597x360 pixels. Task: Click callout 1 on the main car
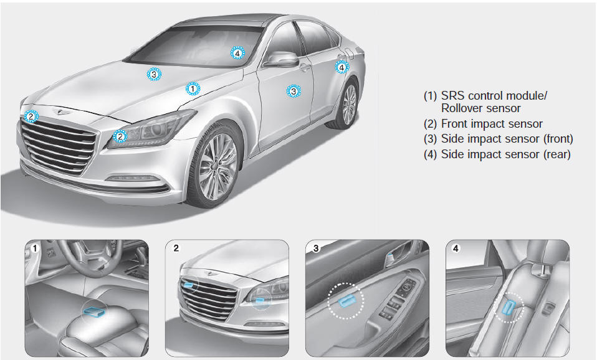pos(193,88)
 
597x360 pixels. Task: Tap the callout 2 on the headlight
pos(120,136)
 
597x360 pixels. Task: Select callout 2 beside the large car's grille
pos(31,116)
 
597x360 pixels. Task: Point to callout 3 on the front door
pos(293,91)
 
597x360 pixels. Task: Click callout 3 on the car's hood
pos(154,74)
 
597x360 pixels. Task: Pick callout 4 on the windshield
pos(237,54)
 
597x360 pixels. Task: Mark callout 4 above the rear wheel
pos(341,67)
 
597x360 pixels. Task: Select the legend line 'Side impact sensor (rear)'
pos(497,154)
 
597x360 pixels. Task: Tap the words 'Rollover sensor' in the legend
pos(481,108)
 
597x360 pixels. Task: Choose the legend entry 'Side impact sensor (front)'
pos(499,138)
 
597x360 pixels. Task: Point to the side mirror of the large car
pos(280,59)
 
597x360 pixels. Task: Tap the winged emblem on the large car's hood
pos(60,111)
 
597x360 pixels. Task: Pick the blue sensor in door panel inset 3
pos(346,300)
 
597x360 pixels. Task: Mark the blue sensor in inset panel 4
pos(509,306)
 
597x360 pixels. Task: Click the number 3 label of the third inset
pos(315,249)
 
